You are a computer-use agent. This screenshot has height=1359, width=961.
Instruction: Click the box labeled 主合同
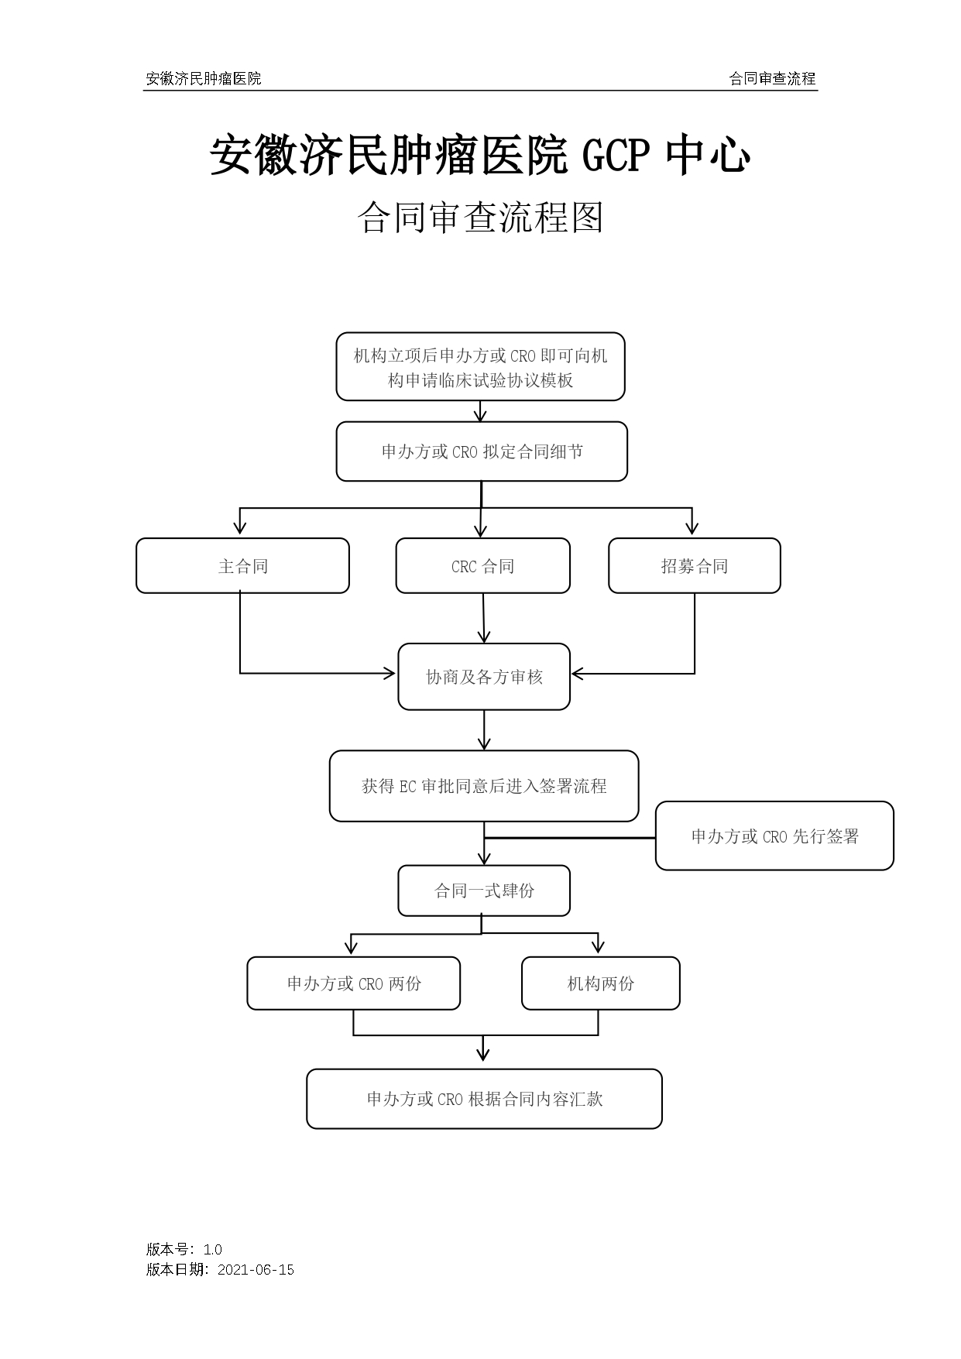(242, 566)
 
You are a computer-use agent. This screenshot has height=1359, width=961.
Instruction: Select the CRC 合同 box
(482, 566)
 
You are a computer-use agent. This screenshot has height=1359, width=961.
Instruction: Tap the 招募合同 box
(694, 566)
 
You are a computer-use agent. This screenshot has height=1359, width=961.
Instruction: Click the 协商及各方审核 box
(484, 677)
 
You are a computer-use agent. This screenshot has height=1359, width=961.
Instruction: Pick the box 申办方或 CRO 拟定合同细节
(482, 451)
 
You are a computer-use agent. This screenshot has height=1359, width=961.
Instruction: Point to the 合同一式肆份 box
(484, 891)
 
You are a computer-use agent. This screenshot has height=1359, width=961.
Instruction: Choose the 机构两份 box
(600, 983)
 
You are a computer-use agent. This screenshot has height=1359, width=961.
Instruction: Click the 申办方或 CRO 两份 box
(354, 983)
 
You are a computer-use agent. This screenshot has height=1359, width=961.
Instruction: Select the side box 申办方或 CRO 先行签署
(774, 836)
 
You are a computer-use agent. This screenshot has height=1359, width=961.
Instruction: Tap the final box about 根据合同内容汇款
(484, 1099)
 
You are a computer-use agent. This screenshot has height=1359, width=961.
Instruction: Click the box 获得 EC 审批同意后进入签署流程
(484, 786)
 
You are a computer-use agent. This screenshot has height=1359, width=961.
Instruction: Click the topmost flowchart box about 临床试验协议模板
(480, 367)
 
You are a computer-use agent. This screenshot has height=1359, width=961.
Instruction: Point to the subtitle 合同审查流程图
(480, 218)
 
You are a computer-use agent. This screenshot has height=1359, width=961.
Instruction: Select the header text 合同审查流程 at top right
(772, 78)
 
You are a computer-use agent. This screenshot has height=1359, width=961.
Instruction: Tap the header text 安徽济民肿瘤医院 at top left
(204, 78)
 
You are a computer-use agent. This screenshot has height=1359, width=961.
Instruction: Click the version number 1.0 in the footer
(212, 1249)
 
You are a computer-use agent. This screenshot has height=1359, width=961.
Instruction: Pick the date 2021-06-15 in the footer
(256, 1269)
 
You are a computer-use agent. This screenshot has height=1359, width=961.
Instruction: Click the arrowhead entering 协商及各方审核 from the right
(577, 674)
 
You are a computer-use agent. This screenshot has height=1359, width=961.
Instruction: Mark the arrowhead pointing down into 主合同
(240, 529)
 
